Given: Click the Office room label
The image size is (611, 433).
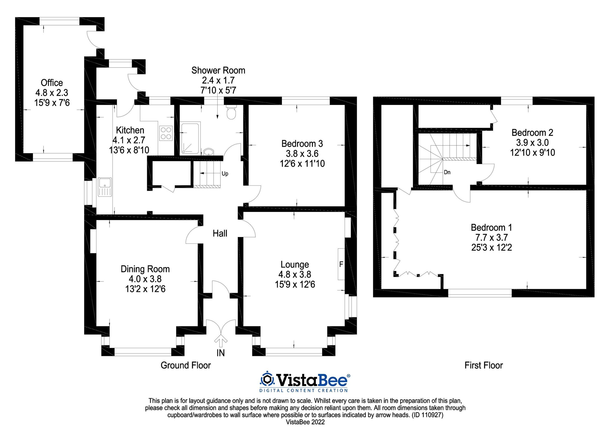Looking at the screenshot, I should tap(52, 83).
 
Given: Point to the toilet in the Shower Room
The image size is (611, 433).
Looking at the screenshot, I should tap(231, 113).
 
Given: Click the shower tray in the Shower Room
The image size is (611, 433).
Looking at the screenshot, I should tap(190, 138).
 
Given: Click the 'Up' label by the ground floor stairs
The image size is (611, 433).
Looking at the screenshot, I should tap(225, 174).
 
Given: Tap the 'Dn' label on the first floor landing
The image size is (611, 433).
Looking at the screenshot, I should tap(447, 172).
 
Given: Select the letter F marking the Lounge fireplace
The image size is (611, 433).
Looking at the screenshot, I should tap(341, 264).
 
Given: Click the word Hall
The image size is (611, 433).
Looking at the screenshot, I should tap(220, 234).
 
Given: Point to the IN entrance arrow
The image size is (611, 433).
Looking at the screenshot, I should tap(221, 342).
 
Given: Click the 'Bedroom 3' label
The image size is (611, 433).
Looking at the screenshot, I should tap(302, 144).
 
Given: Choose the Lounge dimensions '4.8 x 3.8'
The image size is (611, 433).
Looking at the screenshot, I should tap(295, 274).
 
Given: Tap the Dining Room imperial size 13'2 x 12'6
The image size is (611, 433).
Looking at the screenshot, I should tap(145, 289).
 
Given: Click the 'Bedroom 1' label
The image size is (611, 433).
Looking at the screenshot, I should tap(491, 227).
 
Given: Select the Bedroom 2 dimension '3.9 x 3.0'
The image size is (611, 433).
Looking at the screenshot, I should tap(532, 142).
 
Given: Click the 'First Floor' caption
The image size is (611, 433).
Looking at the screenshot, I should tap(483, 365).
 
